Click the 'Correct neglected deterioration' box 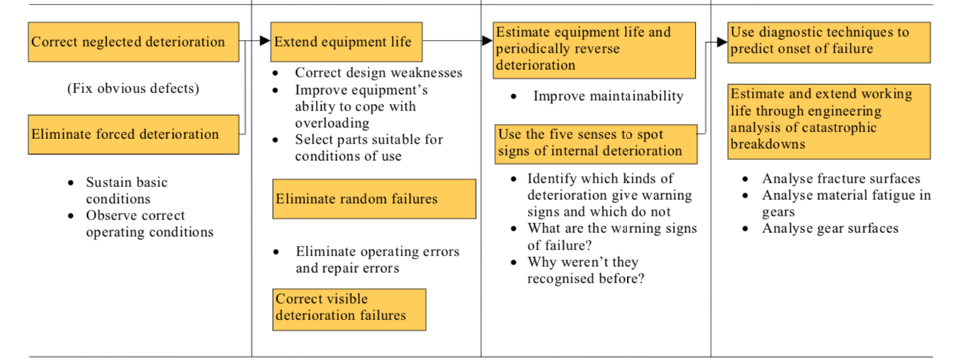pos(133,42)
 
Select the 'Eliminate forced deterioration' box pos(133,135)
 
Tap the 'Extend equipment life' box pos(347,42)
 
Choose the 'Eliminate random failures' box pos(374,199)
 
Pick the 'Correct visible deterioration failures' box pos(350,310)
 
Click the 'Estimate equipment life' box pos(594,50)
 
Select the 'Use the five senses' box pos(596,144)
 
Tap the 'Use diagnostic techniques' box pos(829,42)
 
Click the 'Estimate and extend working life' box pos(829,122)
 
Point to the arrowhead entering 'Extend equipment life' pos(265,41)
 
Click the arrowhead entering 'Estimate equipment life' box pos(487,41)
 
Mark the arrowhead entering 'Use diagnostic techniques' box pos(723,42)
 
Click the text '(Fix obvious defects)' pos(133,89)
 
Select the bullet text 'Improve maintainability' pos(608,96)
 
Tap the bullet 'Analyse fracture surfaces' pos(841,179)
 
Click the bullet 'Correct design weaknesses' pos(378,73)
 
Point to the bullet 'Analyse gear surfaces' pos(830,228)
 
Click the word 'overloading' pos(332,123)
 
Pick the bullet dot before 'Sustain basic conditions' pos(71,183)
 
